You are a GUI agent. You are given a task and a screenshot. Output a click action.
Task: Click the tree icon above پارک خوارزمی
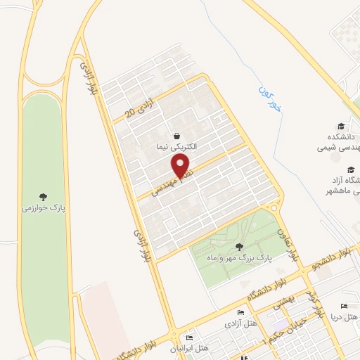click(44, 196)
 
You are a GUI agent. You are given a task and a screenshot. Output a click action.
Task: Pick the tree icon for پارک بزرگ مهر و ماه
click(240, 247)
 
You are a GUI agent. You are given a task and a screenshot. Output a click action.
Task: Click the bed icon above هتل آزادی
click(241, 313)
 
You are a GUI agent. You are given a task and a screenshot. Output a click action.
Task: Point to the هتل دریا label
click(338, 316)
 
